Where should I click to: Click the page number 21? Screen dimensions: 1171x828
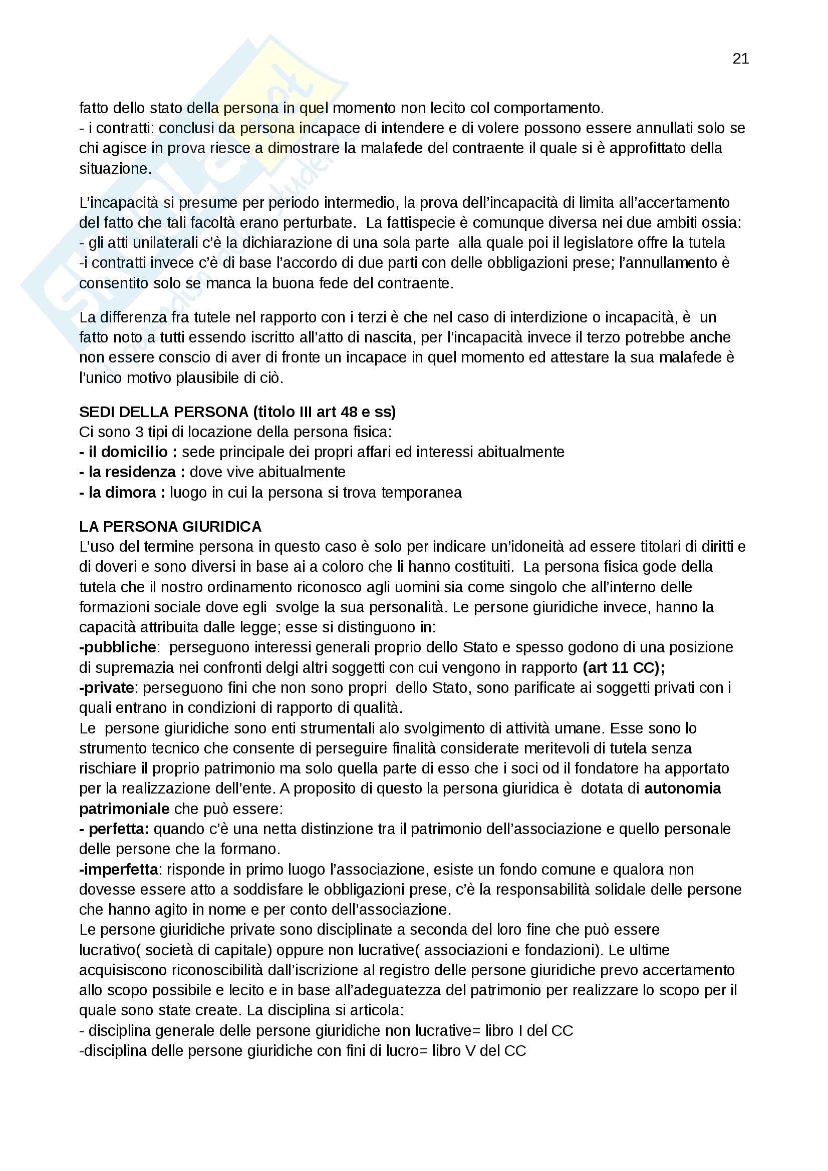740,59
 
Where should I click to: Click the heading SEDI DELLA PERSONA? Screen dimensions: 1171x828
163,412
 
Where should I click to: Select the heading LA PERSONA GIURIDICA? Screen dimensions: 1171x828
170,526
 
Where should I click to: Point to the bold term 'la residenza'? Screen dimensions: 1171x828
132,472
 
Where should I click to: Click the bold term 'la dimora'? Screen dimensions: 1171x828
122,493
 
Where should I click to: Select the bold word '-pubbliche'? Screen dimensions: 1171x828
118,647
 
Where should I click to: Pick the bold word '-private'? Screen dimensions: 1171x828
107,688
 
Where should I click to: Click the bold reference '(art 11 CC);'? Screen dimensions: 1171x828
624,668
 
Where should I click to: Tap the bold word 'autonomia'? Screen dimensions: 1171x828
682,789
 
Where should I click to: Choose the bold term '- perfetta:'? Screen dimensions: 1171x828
114,829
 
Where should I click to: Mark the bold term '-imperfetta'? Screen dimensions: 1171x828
118,870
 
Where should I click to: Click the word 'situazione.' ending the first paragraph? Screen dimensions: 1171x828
115,168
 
